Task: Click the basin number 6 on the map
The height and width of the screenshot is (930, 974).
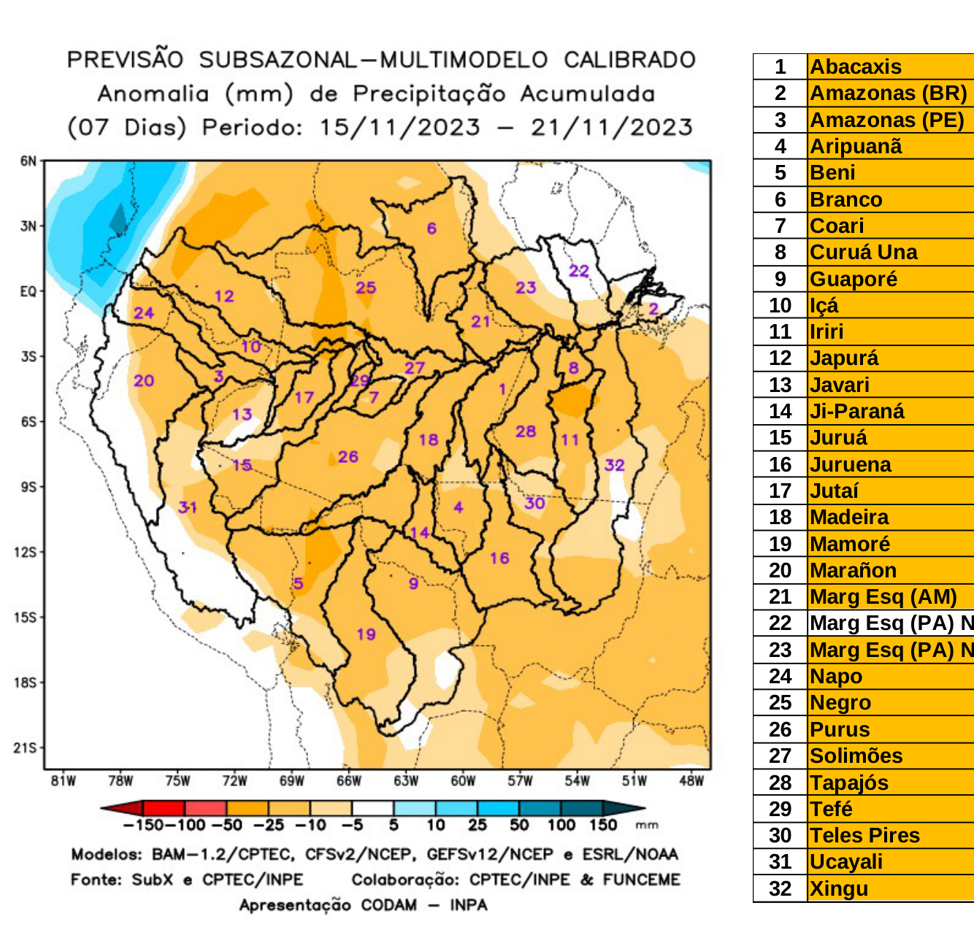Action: point(432,228)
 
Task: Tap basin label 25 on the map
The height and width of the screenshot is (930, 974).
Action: point(366,288)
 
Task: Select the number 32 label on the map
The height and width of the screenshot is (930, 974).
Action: point(614,465)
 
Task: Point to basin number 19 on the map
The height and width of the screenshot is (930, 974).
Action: point(366,634)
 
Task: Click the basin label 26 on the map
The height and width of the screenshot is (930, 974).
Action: point(348,457)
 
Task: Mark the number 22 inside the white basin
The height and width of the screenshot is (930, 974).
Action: point(579,271)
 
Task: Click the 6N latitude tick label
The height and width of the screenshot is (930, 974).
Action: point(28,161)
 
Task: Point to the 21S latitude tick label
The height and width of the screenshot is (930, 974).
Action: point(26,748)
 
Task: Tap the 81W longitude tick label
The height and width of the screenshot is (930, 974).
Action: point(64,781)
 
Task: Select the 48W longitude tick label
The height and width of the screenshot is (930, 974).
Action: point(691,781)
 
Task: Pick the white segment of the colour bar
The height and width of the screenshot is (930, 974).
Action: point(372,808)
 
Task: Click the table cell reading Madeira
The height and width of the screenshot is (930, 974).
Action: point(849,518)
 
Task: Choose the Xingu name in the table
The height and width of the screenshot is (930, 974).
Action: point(839,889)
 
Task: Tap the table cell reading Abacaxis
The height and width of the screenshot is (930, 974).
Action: point(855,66)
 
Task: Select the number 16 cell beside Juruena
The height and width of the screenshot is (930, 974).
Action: point(780,464)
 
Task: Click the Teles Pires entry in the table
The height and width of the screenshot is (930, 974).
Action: point(864,836)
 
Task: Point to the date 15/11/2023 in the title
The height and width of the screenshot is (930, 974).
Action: point(399,127)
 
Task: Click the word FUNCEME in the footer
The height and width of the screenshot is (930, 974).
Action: point(641,880)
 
